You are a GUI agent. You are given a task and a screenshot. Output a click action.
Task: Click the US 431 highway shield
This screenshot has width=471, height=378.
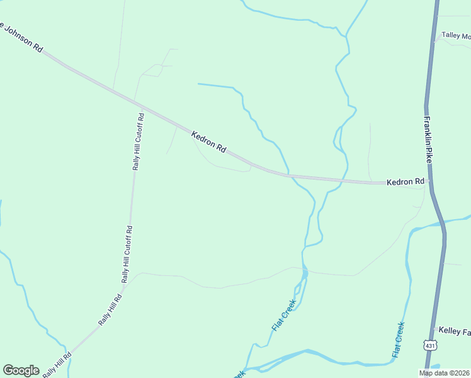(x=430, y=345)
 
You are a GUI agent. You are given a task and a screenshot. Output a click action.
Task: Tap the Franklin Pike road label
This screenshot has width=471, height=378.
(x=429, y=140)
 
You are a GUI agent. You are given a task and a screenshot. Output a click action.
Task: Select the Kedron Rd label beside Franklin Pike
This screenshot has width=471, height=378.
(x=406, y=182)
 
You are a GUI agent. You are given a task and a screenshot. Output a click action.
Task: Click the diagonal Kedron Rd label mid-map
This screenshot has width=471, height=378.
(x=208, y=139)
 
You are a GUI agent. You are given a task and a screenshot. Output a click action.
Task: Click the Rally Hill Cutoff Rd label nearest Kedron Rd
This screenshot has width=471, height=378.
(x=139, y=142)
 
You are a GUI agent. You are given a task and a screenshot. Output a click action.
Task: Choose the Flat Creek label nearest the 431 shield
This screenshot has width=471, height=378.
(x=398, y=340)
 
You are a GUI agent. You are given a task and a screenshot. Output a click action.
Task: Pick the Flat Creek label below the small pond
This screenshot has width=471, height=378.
(x=284, y=316)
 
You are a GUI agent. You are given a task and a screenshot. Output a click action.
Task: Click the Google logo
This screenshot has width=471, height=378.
(x=21, y=370)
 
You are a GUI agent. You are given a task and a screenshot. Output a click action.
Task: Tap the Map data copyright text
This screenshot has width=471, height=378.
(x=444, y=373)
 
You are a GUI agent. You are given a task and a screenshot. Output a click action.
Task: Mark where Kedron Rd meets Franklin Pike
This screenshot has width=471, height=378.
(x=429, y=181)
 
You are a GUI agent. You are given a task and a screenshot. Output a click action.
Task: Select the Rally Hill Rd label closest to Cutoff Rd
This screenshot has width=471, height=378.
(x=110, y=310)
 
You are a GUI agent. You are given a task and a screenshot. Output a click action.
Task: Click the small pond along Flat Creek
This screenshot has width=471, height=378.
(x=305, y=273)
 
